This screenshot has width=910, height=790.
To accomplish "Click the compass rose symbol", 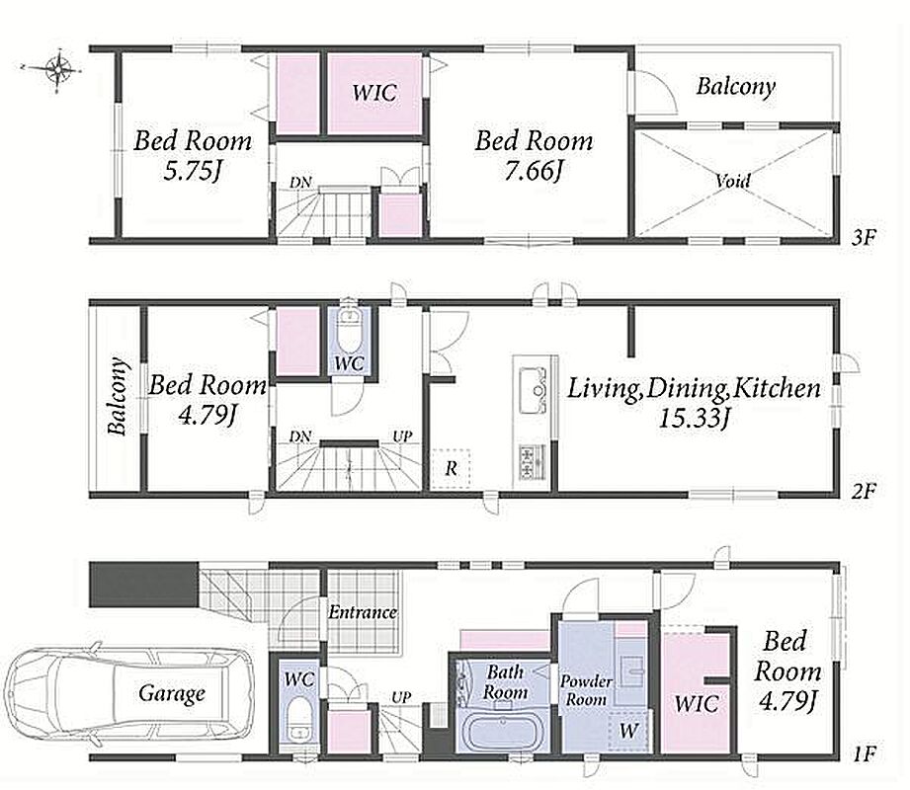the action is coord(57,69).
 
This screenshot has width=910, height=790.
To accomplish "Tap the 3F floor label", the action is coord(864,237).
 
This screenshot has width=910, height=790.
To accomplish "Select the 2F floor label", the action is coord(863,492).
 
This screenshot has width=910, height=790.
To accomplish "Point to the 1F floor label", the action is coord(864,754).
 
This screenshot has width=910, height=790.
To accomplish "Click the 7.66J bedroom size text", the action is coord(534,171).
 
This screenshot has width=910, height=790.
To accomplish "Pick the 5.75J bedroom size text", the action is coord(193,171).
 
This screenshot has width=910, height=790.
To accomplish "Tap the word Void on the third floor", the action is coord(732,181).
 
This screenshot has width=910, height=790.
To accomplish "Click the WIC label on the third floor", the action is coord(374,92).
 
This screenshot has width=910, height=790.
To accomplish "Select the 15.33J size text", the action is coord(694,417).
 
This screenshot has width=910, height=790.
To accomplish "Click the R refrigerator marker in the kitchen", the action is coord(451,469).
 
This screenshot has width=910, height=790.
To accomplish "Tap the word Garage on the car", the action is coord(172,693).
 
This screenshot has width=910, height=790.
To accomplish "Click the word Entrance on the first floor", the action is coord(363,611).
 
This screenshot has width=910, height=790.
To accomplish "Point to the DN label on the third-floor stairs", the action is coord(300,183).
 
